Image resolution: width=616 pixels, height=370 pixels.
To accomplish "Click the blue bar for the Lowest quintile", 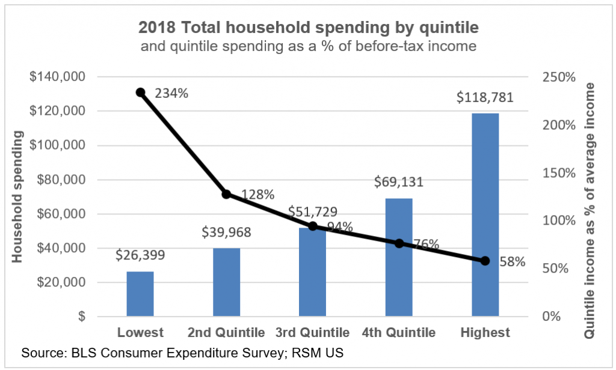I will (x=140, y=294).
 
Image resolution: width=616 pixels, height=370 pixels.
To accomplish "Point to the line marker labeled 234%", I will (x=140, y=92).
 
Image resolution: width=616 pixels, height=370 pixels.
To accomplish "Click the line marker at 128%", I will (x=226, y=194).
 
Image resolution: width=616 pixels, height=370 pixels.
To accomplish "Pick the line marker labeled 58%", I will (x=485, y=261).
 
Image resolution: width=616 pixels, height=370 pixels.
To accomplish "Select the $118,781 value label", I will (x=485, y=97).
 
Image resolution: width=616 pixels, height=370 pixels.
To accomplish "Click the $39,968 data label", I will (x=226, y=232).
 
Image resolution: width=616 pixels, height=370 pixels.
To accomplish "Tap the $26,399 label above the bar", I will (x=140, y=255).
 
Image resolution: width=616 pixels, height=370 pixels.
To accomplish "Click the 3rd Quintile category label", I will (x=312, y=333).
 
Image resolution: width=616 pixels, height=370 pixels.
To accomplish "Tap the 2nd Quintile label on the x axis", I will (x=226, y=333).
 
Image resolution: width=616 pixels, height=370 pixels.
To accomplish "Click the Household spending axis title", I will (x=17, y=198).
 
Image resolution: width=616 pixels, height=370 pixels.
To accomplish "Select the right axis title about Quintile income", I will (x=596, y=197).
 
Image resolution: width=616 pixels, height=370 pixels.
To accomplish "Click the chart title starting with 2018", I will (x=308, y=27).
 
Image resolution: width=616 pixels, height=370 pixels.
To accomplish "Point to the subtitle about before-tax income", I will (x=308, y=46).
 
